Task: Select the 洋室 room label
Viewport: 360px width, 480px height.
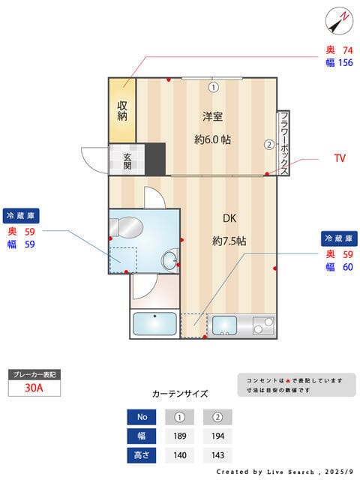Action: [212, 116]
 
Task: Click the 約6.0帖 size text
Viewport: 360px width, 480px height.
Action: [212, 139]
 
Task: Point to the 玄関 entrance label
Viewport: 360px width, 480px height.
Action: [127, 160]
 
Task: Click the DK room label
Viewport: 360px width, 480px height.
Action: [229, 218]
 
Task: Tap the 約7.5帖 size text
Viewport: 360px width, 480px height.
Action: [229, 241]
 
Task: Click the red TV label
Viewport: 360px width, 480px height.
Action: [339, 158]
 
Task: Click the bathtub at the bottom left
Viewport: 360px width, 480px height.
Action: [155, 325]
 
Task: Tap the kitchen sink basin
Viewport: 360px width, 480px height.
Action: [224, 325]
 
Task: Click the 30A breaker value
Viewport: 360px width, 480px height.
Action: [33, 388]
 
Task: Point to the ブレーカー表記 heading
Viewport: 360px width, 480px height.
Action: [33, 374]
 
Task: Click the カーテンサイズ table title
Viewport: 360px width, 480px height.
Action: [180, 393]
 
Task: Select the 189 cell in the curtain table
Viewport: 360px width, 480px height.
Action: [179, 436]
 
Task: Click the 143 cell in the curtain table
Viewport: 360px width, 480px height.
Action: [217, 454]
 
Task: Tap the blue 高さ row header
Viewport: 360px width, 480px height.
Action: [141, 454]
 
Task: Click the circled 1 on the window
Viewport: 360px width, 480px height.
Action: [213, 87]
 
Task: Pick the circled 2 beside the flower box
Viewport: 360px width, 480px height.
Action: [268, 145]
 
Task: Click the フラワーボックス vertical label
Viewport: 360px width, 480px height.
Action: [284, 142]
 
